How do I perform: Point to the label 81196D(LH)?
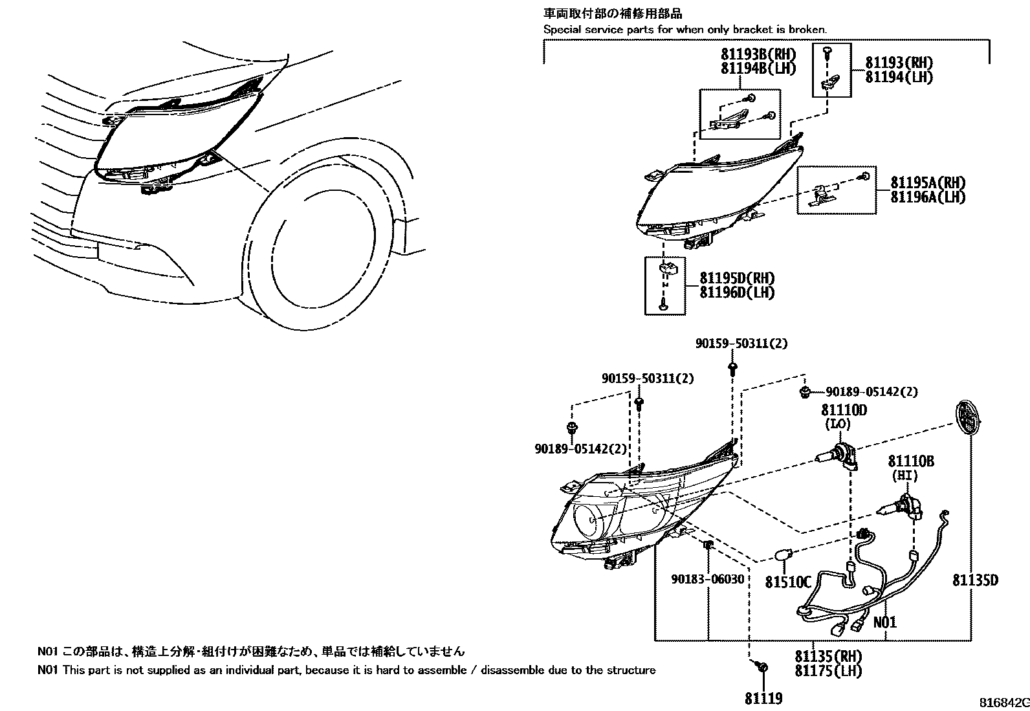pos(737,292)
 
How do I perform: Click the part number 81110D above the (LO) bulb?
pos(844,410)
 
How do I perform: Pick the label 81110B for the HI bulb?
pos(911,461)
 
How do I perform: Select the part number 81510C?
pos(788,582)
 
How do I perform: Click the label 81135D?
pos(975,581)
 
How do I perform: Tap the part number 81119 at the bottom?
pos(764,699)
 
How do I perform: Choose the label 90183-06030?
pos(708,580)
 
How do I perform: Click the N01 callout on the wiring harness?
pos(885,622)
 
